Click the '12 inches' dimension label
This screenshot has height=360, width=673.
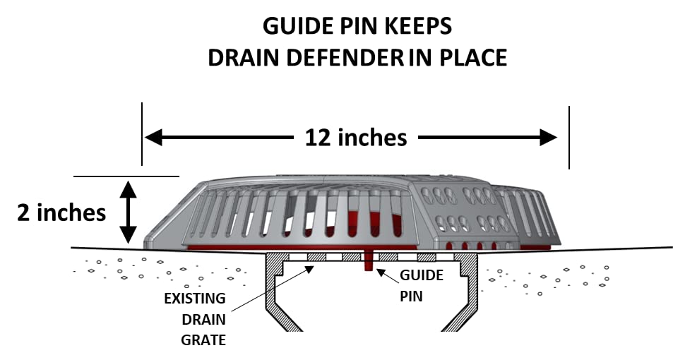point(355,137)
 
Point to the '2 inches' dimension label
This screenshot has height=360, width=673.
point(61,212)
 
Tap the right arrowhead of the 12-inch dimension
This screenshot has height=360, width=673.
point(549,137)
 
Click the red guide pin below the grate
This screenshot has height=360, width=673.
point(368,262)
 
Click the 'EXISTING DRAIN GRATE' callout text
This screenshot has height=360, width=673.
point(195,318)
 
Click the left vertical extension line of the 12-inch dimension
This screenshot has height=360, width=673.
point(143,134)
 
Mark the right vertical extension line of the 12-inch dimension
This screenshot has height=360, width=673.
point(569,137)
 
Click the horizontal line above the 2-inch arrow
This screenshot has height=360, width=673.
point(126,176)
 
